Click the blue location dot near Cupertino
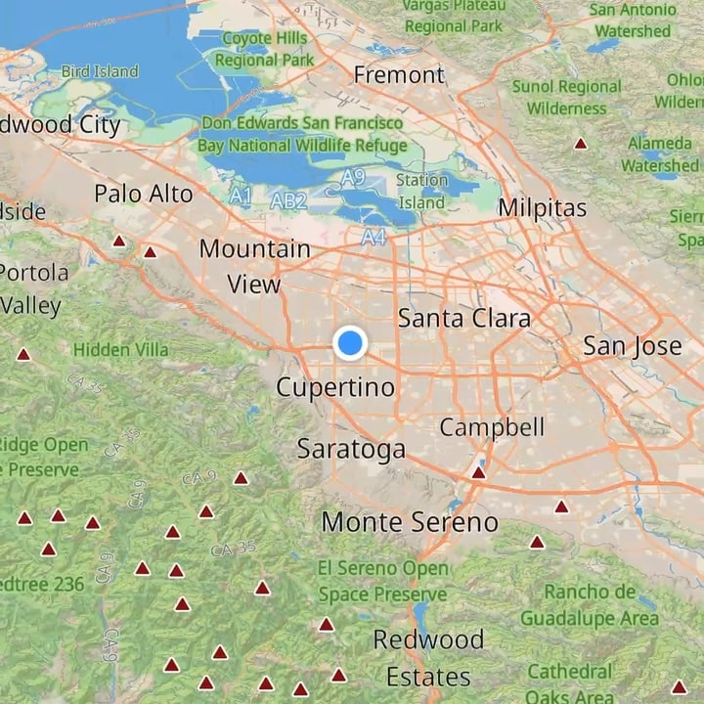(349, 343)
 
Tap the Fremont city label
(399, 75)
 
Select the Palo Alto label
(144, 194)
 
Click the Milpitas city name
(542, 207)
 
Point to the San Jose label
(632, 346)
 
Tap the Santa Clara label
(464, 319)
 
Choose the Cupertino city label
(335, 387)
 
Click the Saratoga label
(351, 450)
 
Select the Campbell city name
(492, 427)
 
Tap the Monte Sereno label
(410, 522)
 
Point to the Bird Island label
(100, 71)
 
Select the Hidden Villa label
(121, 349)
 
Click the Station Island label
(421, 192)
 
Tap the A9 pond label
(353, 177)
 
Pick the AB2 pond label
(288, 201)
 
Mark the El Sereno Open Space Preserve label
(382, 581)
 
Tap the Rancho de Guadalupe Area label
(589, 604)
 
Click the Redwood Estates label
(428, 658)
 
